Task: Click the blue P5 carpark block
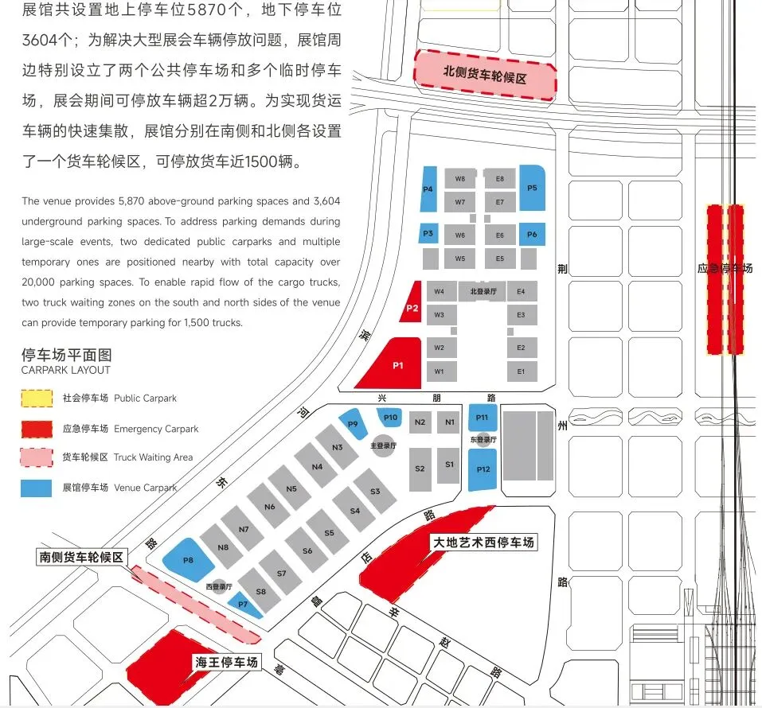click(532, 189)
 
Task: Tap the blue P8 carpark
click(188, 560)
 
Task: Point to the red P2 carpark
click(412, 306)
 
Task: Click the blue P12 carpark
click(483, 469)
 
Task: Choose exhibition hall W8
click(460, 179)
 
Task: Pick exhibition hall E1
click(521, 372)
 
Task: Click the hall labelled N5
click(291, 488)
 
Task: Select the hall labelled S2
click(420, 468)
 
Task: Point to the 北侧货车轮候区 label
click(485, 79)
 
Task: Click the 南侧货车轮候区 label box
click(82, 557)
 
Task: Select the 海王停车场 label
click(227, 662)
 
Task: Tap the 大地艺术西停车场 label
click(482, 543)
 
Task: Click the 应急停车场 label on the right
click(725, 269)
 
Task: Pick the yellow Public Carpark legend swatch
click(36, 398)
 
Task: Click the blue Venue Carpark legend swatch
click(36, 488)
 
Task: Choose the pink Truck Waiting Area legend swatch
click(36, 457)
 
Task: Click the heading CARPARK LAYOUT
click(66, 370)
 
